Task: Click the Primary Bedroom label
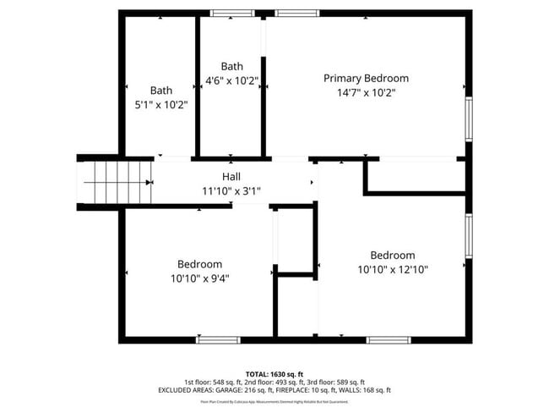366,78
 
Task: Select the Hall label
231,176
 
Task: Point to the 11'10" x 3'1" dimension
231,190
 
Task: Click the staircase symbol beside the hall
115,181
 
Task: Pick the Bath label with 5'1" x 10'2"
161,91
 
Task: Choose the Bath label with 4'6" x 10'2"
232,66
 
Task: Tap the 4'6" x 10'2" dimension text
232,81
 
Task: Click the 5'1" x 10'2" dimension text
161,105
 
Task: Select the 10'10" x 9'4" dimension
200,278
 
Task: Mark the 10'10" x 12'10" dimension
393,270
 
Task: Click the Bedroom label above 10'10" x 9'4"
200,263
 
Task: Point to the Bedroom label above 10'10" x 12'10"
393,256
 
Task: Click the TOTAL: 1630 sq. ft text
274,373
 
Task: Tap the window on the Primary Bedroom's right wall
468,118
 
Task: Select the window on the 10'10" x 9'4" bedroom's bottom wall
218,339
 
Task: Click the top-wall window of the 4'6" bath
231,13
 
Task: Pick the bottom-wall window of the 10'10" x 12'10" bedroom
389,339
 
